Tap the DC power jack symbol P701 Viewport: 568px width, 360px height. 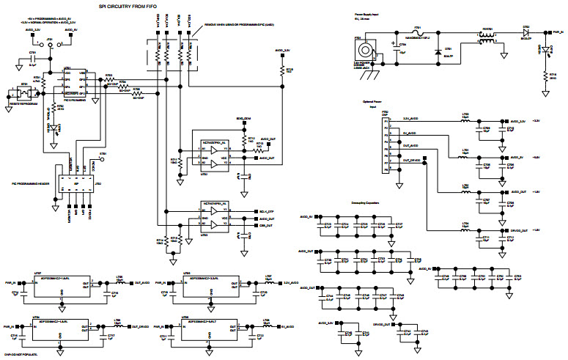[x=363, y=51]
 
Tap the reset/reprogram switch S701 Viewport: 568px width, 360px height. [x=24, y=93]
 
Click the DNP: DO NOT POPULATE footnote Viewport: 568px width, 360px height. [x=18, y=354]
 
